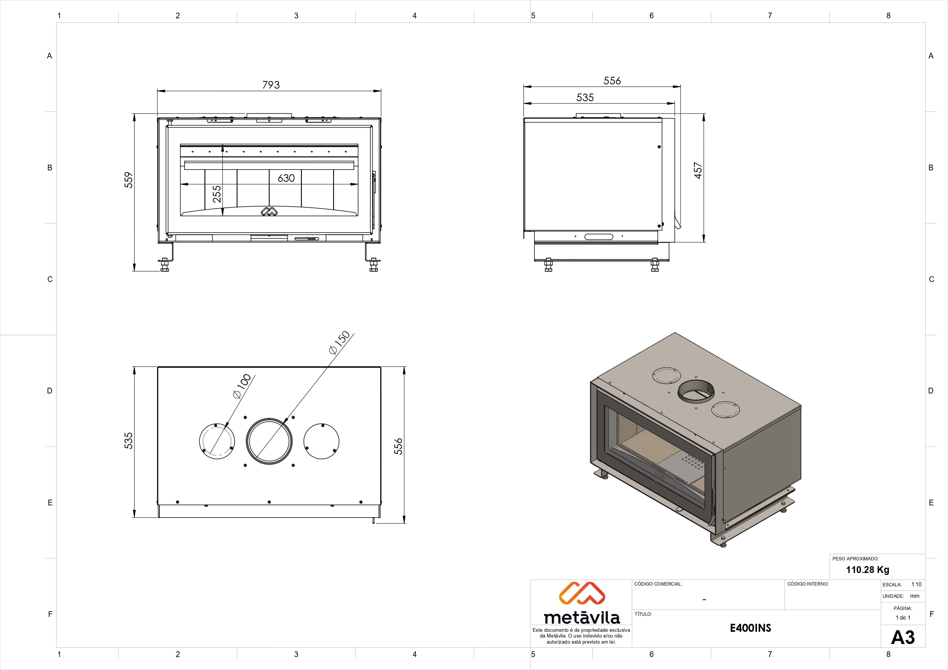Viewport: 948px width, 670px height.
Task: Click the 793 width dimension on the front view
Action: (x=271, y=85)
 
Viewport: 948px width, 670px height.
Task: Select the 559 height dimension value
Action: (x=128, y=180)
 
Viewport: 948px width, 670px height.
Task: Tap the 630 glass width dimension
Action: (x=286, y=178)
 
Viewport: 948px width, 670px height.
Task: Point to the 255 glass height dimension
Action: (x=217, y=194)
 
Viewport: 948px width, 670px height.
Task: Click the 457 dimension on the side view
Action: (x=698, y=170)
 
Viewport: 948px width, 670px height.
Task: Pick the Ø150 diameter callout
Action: (x=339, y=343)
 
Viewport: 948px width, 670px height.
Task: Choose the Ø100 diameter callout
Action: (x=242, y=386)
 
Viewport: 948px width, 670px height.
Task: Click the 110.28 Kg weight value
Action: (x=867, y=570)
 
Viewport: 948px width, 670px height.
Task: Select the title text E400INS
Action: (x=750, y=628)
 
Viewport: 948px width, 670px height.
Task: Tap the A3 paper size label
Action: (x=903, y=638)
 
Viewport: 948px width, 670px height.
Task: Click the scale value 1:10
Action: (x=916, y=584)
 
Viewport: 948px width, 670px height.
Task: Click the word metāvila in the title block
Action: (x=582, y=617)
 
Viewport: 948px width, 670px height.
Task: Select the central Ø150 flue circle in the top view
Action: (x=269, y=441)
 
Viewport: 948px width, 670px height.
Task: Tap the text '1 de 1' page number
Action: (x=903, y=618)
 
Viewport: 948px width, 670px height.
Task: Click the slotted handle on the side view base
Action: (x=599, y=236)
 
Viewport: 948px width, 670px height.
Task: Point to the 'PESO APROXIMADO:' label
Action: (x=856, y=558)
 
